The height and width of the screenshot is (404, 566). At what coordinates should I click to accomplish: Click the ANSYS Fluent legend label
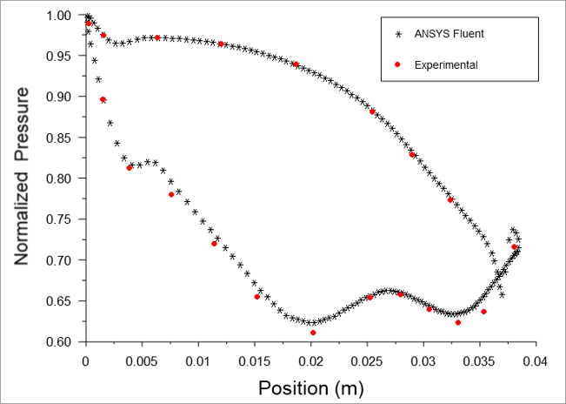point(449,34)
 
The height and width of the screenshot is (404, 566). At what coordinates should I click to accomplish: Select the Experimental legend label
point(446,64)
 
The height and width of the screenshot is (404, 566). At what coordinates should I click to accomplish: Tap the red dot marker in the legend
point(399,64)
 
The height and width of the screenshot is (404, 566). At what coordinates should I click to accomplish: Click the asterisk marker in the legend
point(399,34)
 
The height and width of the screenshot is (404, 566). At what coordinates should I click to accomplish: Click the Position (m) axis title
point(311,386)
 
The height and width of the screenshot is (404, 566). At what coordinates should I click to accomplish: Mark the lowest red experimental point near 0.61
point(313,333)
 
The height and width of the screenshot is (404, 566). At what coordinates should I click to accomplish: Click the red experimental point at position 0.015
point(256,297)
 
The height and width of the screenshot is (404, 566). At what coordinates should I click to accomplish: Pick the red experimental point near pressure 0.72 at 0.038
point(514,247)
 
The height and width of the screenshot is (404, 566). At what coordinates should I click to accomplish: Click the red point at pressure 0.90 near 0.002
point(103,100)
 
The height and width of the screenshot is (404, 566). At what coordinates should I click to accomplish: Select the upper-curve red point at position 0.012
point(221,44)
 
